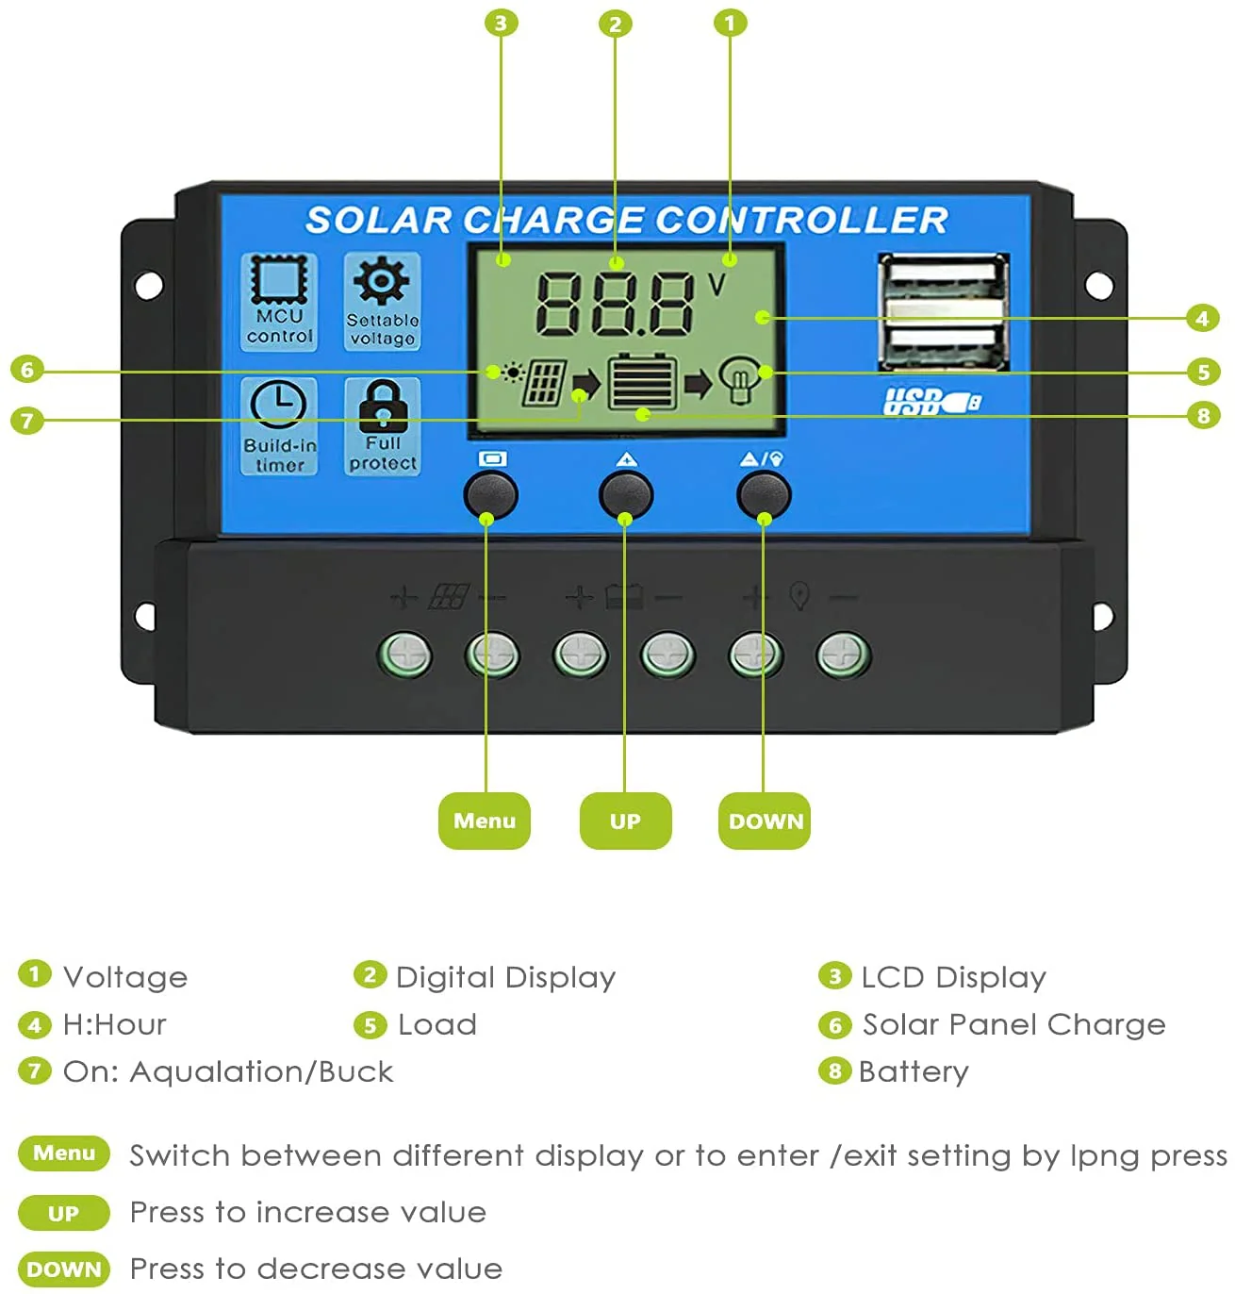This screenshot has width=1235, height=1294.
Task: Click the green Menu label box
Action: pos(484,821)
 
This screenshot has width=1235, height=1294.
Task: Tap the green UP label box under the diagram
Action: pos(625,821)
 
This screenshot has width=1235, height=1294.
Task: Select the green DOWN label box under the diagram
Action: pos(765,821)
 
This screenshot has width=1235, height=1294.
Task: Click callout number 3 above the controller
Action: pos(501,23)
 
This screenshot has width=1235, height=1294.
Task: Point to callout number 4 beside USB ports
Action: pos(1202,318)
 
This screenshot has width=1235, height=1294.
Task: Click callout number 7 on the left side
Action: pos(27,420)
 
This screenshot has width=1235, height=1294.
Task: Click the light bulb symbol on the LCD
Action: pos(740,381)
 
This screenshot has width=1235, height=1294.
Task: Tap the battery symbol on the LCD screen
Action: pos(642,382)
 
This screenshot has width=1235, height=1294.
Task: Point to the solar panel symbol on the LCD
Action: pos(544,382)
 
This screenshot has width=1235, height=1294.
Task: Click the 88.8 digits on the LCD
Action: pos(615,304)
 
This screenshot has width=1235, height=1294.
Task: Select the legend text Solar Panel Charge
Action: pos(1013,1024)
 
